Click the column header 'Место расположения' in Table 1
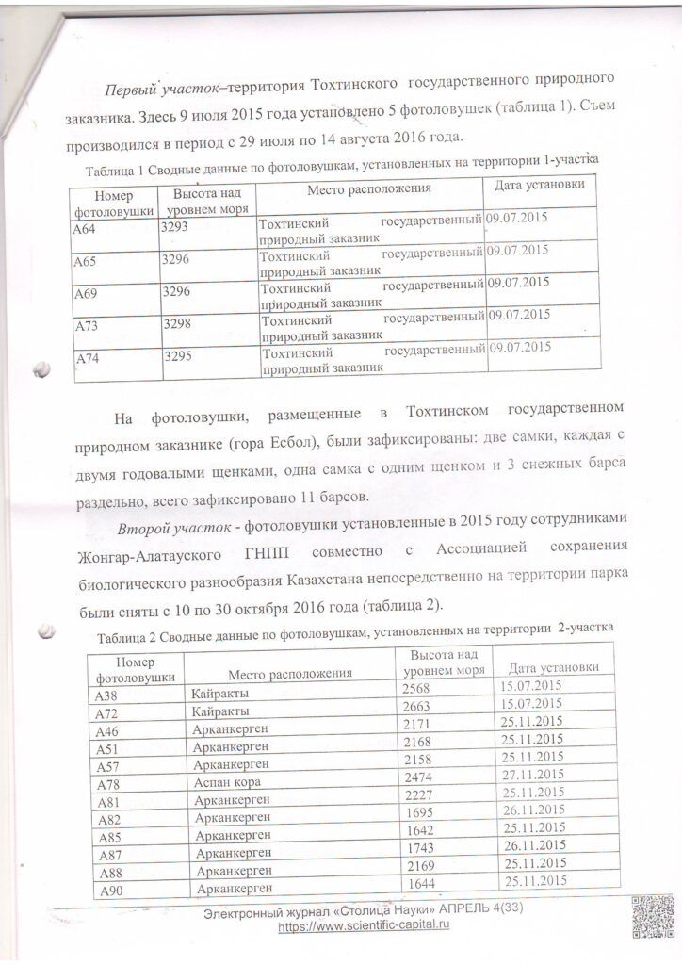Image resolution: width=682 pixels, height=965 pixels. tap(369, 188)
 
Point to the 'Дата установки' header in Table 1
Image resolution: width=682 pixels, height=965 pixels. tap(539, 184)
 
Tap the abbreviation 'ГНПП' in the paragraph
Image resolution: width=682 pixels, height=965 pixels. tap(278, 549)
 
